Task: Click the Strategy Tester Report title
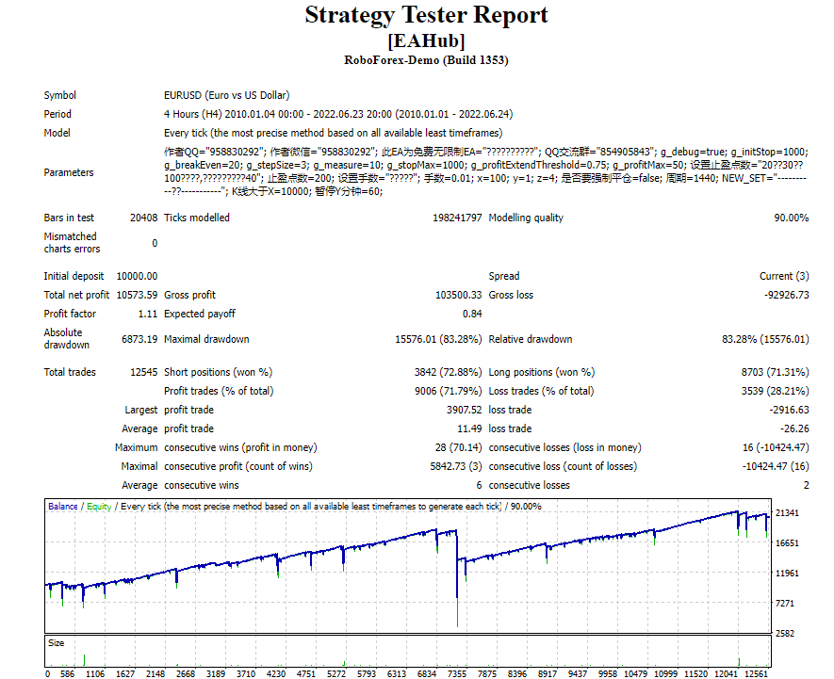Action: pos(426,15)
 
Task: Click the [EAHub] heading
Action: pos(426,40)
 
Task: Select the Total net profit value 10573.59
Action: pos(137,295)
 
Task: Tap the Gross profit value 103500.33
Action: pos(459,295)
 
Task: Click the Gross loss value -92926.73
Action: pos(786,295)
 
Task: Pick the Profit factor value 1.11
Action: pos(148,314)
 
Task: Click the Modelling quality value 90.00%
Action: pos(791,218)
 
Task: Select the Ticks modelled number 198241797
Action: pos(457,218)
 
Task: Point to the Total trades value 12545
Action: pos(143,372)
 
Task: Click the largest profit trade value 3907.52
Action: pos(464,410)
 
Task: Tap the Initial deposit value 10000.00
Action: pos(137,276)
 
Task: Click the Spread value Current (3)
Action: pos(784,276)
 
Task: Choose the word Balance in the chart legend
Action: pos(63,507)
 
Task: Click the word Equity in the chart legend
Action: pos(99,507)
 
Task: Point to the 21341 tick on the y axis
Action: pos(787,512)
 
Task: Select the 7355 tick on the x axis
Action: pos(457,673)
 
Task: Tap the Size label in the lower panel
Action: pos(56,643)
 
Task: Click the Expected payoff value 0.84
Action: pos(472,314)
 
